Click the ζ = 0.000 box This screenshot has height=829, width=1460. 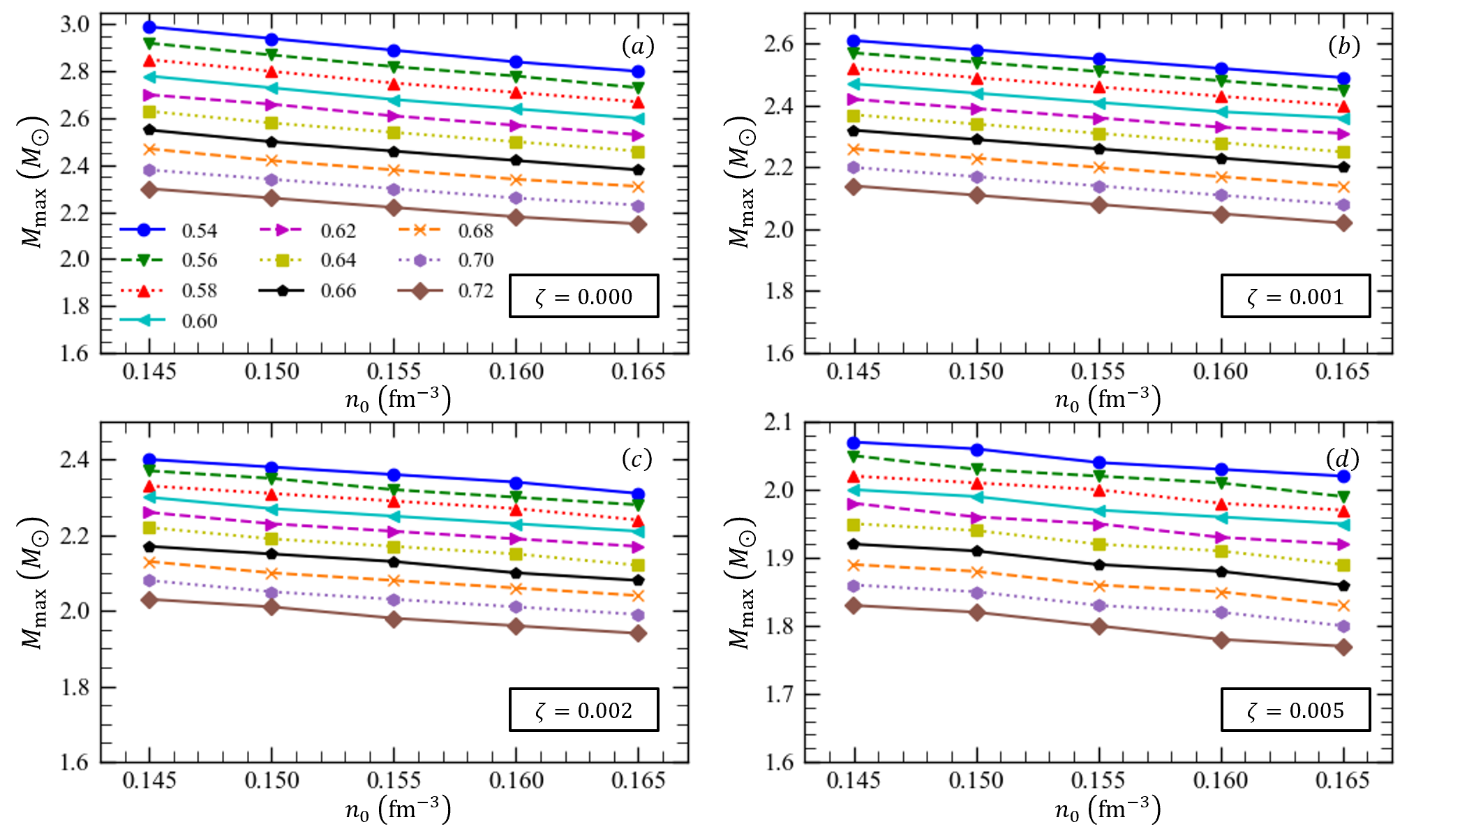(583, 297)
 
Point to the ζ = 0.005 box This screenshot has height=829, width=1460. (1295, 710)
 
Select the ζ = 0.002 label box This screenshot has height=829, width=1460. (583, 710)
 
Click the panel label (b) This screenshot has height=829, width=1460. (1343, 46)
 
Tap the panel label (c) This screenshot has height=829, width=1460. (636, 459)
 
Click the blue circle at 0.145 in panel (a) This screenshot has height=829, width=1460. (149, 27)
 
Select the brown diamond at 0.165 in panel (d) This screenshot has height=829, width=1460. (1343, 648)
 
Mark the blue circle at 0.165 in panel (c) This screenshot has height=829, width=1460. (638, 494)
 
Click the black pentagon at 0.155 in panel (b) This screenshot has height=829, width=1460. (1099, 149)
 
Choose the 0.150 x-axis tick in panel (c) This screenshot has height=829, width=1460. (271, 780)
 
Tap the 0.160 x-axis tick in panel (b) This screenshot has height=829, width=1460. (1221, 371)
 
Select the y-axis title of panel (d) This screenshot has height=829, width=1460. (741, 583)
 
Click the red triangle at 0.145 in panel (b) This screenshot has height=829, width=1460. (854, 69)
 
